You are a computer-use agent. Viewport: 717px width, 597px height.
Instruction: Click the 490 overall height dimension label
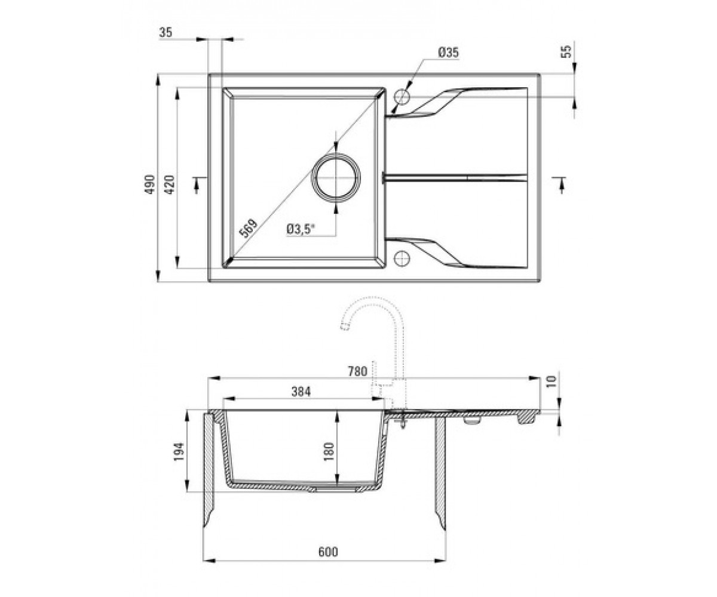pos(151,184)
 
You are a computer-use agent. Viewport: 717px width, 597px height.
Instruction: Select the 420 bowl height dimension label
pos(170,184)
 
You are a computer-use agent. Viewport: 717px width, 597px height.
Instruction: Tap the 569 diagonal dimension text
pos(249,228)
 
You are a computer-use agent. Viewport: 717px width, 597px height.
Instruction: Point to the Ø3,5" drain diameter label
pos(301,229)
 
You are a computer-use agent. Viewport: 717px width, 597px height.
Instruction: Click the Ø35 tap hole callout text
pos(449,53)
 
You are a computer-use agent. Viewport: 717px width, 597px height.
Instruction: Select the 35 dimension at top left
pos(166,33)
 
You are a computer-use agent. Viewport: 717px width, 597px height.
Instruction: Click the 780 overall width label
pos(357,371)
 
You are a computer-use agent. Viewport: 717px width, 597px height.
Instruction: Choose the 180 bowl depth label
pos(329,452)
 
